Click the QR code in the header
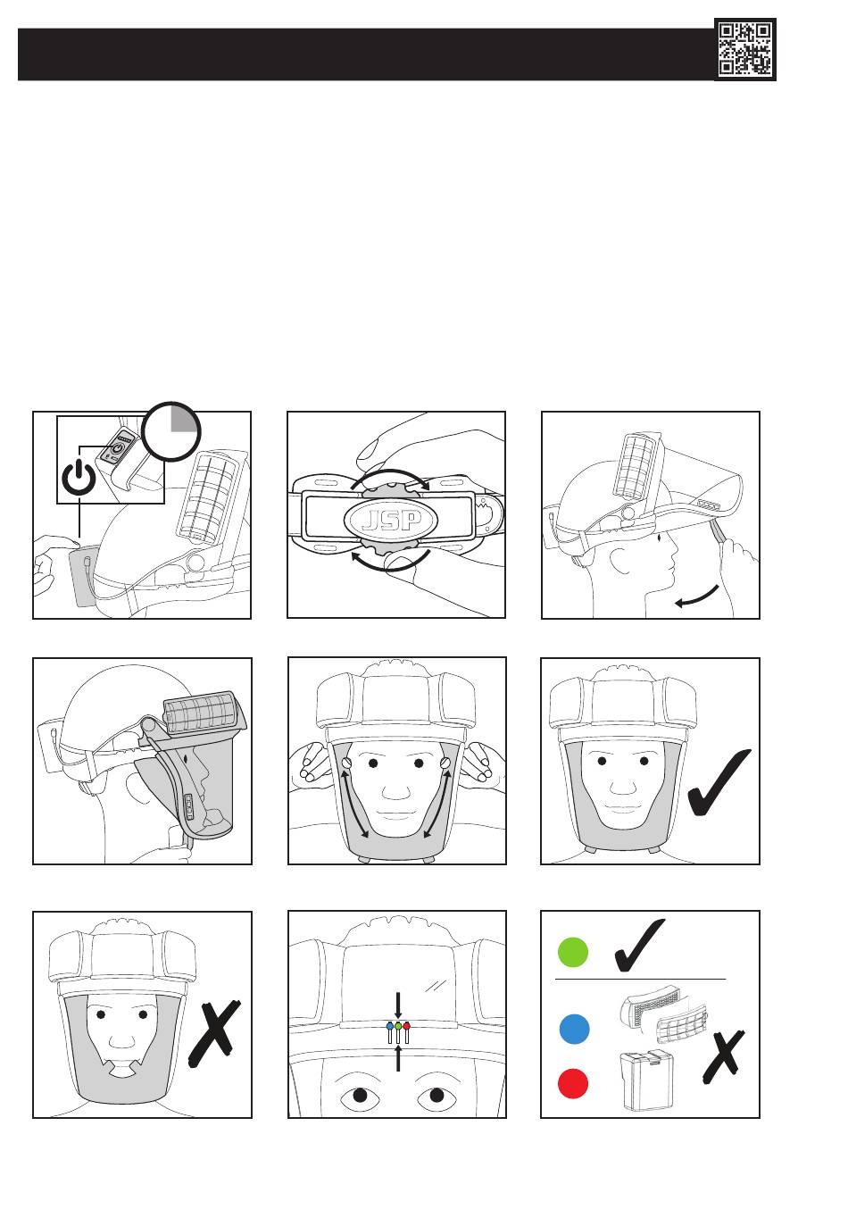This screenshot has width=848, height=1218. pyautogui.click(x=745, y=49)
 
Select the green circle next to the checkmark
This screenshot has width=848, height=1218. pyautogui.click(x=573, y=952)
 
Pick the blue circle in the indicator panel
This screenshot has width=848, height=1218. pyautogui.click(x=574, y=1029)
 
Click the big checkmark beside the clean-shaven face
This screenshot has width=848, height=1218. pyautogui.click(x=719, y=782)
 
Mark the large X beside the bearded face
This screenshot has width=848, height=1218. pyautogui.click(x=215, y=1033)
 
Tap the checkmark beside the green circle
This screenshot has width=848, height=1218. pyautogui.click(x=639, y=946)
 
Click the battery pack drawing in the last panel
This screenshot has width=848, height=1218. pyautogui.click(x=647, y=1080)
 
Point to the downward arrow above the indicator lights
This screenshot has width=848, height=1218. pyautogui.click(x=398, y=1002)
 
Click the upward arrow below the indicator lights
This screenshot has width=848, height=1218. pyautogui.click(x=398, y=1057)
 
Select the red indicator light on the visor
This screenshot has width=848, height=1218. pyautogui.click(x=406, y=1027)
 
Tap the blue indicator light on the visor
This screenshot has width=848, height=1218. pyautogui.click(x=389, y=1027)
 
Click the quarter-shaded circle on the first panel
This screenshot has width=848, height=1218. pyautogui.click(x=172, y=430)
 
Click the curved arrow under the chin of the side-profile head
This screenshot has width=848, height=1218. pyautogui.click(x=697, y=596)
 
